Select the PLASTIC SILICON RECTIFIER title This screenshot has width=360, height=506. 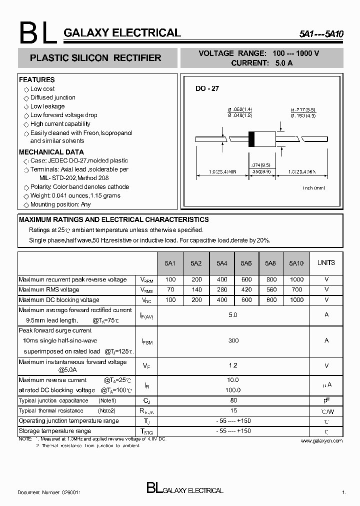pos(95,58)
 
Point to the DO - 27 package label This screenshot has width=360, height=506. pos(207,88)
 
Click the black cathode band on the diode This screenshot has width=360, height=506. pos(252,138)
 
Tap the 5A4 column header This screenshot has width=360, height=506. pos(222,263)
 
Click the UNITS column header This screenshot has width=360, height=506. pos(326,262)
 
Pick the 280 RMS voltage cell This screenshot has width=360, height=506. pos(222,289)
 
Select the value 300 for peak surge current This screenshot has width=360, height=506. pos(233,340)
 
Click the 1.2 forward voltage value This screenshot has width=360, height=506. pos(233,365)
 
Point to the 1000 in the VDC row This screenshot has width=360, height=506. pos(296,300)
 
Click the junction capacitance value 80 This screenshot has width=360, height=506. pos(233,400)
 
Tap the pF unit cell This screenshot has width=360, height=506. pos(326,400)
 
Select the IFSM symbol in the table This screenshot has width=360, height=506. pos(146,341)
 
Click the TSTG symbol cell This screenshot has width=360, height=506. pos(146,431)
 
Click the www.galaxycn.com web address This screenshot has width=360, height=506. pos(322,440)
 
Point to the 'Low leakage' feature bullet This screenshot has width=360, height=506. pos(47,106)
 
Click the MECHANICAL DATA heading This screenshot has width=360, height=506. pos(51,152)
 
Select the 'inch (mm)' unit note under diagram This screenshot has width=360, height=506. pos(314,187)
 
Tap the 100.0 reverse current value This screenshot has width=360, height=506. pos(233,390)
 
